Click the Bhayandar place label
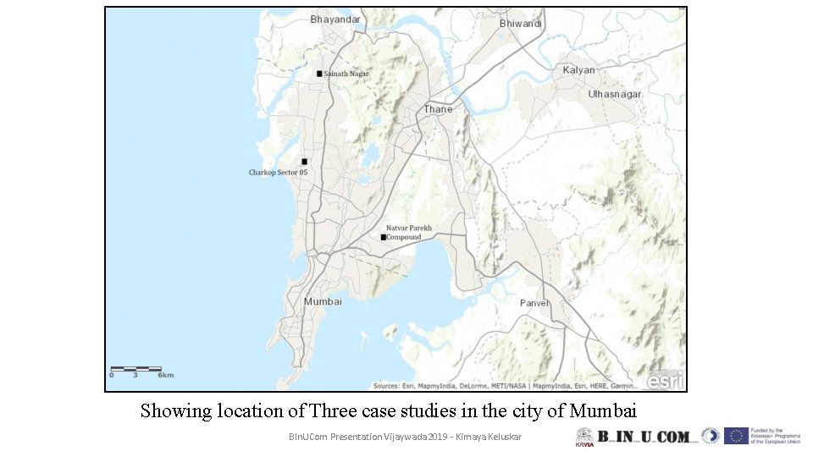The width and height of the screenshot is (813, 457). coord(335,19)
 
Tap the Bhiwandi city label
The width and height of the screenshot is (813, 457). coord(521,24)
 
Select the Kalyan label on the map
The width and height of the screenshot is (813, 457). coord(579,70)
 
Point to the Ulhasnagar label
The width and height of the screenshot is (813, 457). coord(615,94)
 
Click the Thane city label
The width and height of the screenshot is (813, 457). coord(438,109)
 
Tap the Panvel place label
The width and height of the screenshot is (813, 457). coord(534,303)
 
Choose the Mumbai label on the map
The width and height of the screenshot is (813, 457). coord(323,301)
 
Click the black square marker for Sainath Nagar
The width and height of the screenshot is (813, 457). coord(319,74)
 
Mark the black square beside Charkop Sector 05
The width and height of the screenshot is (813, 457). coord(304,161)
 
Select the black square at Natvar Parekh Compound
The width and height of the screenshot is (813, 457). coord(383,238)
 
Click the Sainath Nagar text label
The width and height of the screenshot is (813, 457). coord(346,74)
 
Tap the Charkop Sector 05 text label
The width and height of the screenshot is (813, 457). coord(278,173)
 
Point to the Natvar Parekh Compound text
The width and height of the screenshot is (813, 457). coord(408,233)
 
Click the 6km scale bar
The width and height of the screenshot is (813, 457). coord(135,369)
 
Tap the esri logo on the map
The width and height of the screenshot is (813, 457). coord(665,380)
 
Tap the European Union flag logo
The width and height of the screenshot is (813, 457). coord(736,436)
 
